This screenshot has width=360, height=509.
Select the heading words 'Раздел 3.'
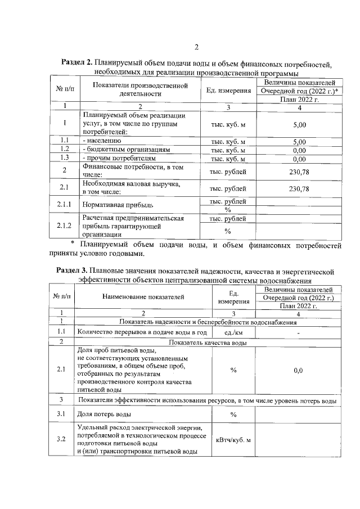point(75,270)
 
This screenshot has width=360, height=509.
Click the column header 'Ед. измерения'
point(228,91)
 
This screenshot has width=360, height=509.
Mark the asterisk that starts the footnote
point(72,242)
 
